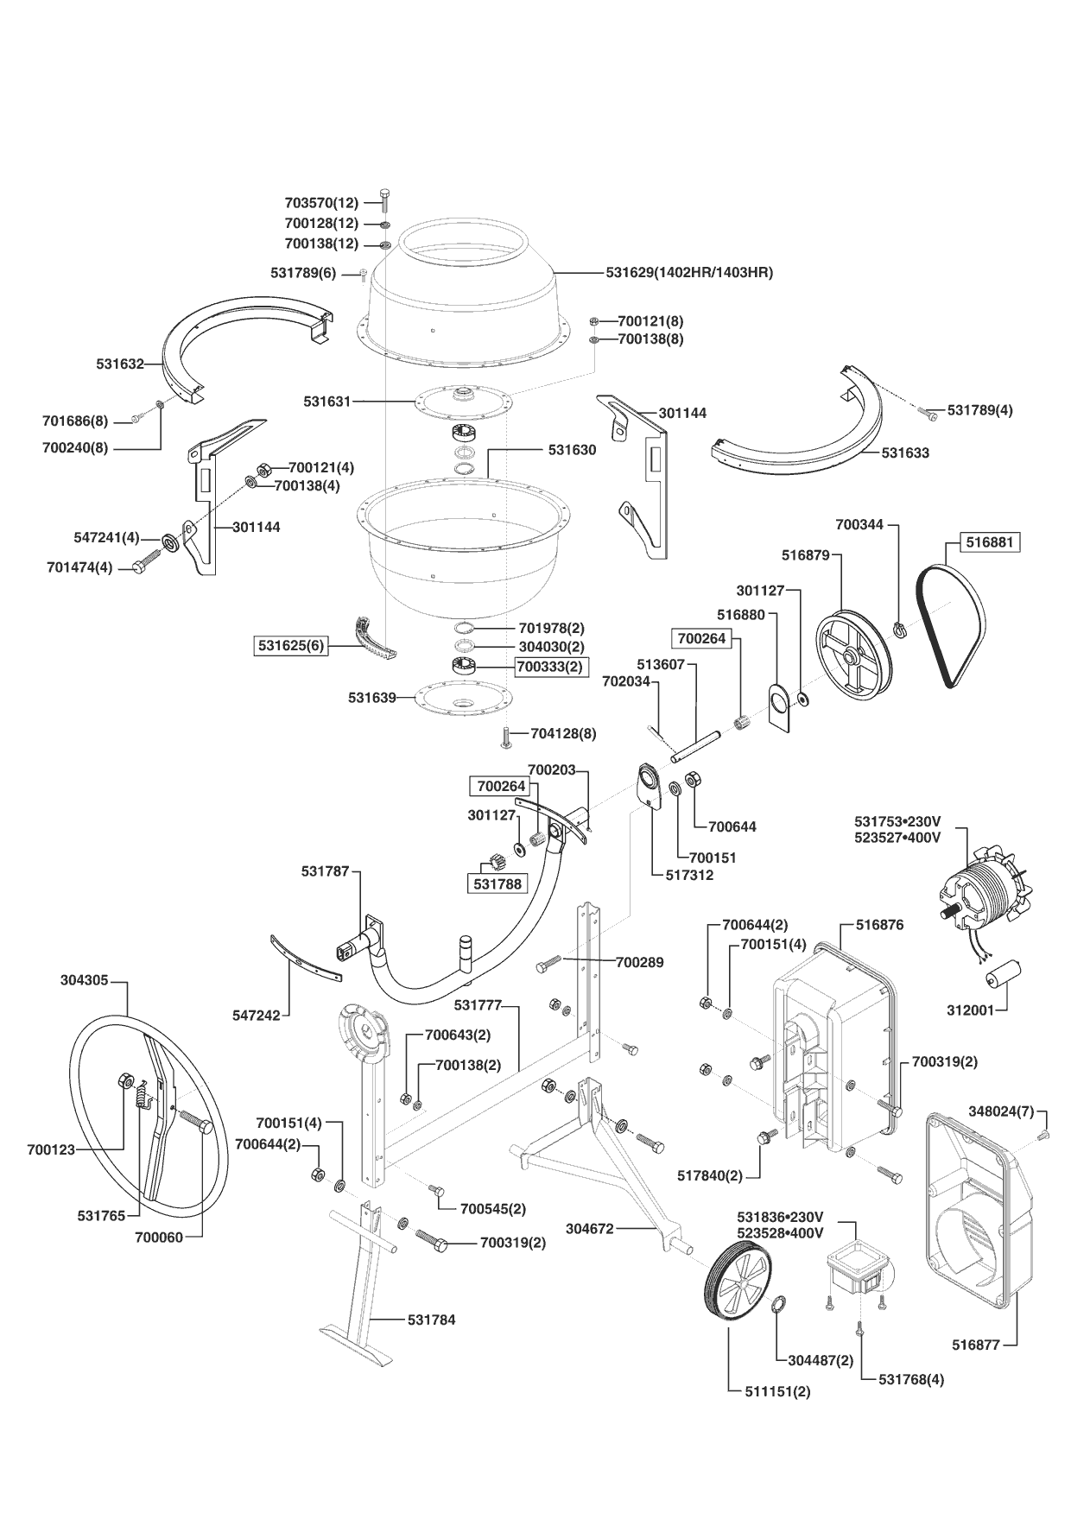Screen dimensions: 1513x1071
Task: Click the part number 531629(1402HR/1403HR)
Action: [689, 272]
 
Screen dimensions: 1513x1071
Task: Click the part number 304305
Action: [85, 979]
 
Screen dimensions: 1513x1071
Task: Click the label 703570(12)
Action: [321, 203]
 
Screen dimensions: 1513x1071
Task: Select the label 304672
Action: [590, 1228]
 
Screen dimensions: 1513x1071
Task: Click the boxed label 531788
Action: [497, 883]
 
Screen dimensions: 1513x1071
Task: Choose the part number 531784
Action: [432, 1320]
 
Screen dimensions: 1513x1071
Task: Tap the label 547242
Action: [257, 1016]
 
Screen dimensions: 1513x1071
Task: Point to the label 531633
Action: [906, 452]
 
